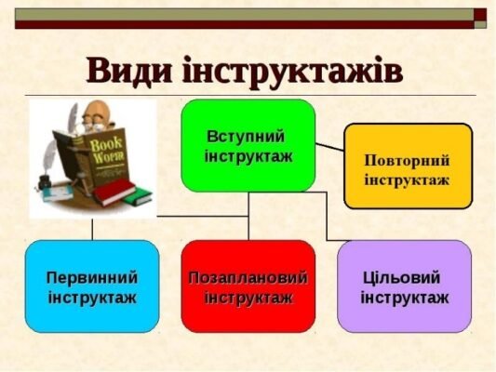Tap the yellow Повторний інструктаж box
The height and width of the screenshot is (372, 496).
[408, 166]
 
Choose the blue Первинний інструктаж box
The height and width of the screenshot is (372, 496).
[91, 286]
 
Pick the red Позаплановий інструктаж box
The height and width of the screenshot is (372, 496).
[248, 286]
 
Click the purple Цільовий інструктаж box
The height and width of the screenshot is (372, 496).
[404, 286]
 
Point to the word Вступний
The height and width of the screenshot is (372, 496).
[245, 136]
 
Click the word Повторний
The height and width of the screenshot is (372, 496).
[407, 158]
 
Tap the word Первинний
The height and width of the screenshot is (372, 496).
[91, 277]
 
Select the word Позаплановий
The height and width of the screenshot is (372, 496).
[248, 277]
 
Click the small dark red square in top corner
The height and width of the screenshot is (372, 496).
[480, 13]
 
